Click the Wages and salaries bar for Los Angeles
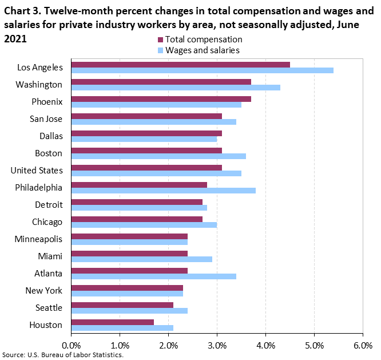(x=202, y=70)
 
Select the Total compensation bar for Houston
(x=113, y=322)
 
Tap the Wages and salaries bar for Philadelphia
(x=163, y=191)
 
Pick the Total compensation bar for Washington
(x=161, y=81)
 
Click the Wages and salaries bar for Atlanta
(x=153, y=276)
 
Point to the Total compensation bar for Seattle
(x=122, y=304)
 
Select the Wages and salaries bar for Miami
(x=141, y=259)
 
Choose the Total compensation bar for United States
(x=146, y=167)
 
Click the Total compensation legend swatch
(x=160, y=39)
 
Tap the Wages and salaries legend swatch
(x=160, y=50)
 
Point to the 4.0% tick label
(x=265, y=345)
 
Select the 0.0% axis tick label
(x=72, y=345)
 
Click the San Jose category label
(x=46, y=119)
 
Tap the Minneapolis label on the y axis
(x=39, y=239)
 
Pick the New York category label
(x=44, y=291)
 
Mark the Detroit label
(x=49, y=205)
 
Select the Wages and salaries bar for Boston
(x=158, y=156)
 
